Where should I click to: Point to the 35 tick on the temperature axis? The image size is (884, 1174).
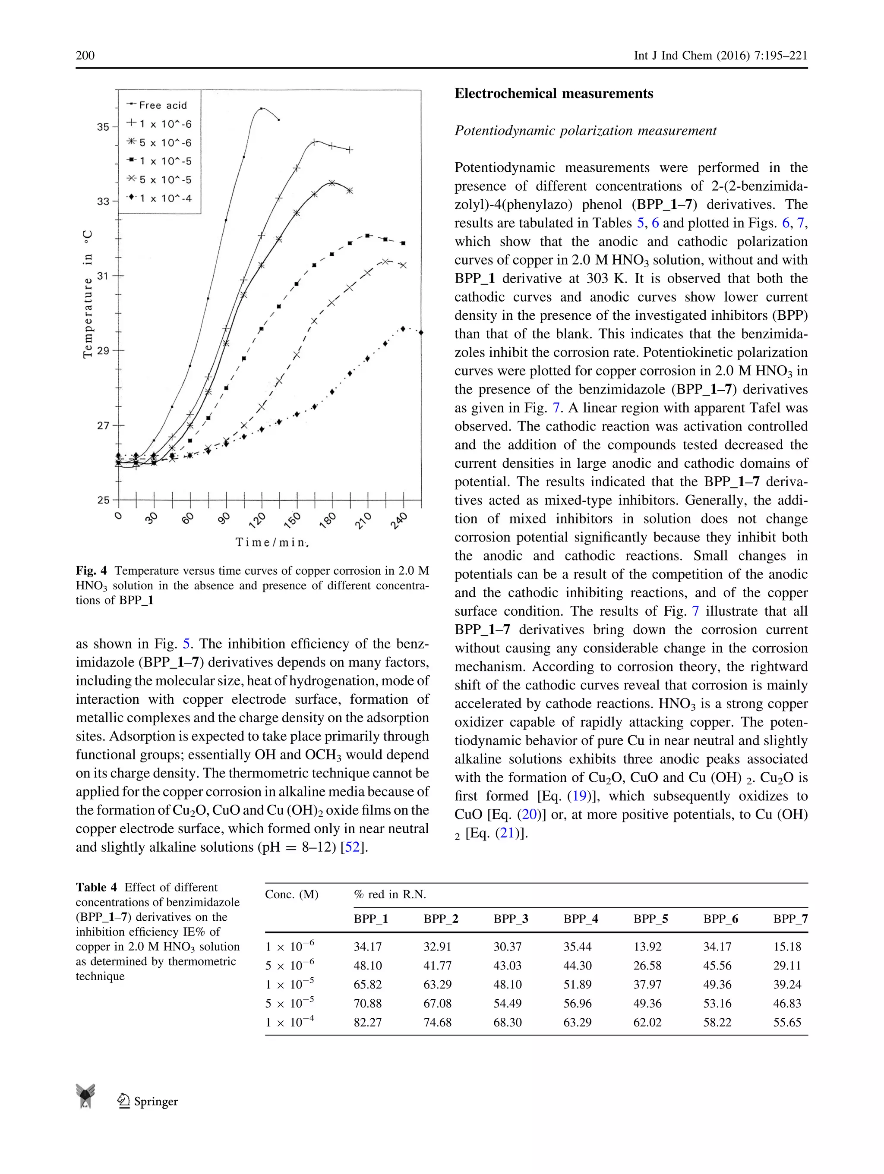(x=103, y=127)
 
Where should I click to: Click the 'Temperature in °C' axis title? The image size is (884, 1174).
(x=88, y=295)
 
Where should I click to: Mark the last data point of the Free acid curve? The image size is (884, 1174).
(x=279, y=120)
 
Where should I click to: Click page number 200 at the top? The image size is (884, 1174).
(x=85, y=55)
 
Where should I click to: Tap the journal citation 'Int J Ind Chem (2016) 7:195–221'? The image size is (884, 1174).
(x=720, y=55)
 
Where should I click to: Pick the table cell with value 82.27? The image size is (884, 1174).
(x=367, y=1022)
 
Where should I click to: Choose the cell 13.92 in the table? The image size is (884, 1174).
(x=647, y=946)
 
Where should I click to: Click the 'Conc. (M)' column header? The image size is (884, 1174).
(x=291, y=894)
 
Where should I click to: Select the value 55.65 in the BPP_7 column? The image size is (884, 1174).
(x=787, y=1022)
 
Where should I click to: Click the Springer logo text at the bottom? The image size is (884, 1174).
(x=155, y=1101)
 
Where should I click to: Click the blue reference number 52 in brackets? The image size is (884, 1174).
(x=352, y=847)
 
